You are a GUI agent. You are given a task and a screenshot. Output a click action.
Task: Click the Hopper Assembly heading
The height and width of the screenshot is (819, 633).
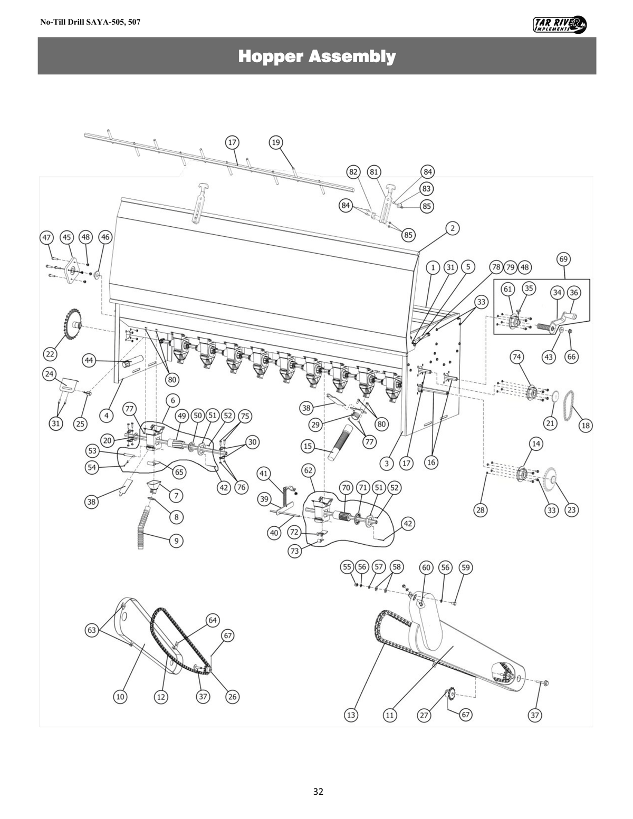(316, 56)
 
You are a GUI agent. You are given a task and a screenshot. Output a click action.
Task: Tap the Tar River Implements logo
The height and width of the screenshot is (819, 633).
(560, 24)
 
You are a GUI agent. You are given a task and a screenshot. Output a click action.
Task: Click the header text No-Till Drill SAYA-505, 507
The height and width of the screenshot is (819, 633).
(90, 23)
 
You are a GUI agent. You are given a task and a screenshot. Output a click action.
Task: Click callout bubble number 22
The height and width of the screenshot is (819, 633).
(51, 353)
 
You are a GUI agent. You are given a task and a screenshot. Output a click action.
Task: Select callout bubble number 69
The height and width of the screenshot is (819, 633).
(564, 259)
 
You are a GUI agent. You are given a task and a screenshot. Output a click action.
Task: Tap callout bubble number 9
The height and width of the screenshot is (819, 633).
(176, 541)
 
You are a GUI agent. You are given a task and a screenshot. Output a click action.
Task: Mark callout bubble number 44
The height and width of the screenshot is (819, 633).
(89, 360)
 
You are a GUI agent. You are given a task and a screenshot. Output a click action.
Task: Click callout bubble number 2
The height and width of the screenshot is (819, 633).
(452, 228)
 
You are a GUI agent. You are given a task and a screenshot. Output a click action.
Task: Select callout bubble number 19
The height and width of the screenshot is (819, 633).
(275, 142)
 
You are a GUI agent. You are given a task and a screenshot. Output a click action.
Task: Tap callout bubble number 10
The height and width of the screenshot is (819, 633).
(120, 697)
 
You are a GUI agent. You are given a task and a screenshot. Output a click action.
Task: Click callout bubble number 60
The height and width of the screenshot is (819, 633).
(426, 567)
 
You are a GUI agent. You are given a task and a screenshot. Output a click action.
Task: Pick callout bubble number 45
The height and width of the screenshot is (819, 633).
(66, 237)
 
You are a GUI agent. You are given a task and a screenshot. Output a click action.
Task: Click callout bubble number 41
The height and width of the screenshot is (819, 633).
(264, 473)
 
